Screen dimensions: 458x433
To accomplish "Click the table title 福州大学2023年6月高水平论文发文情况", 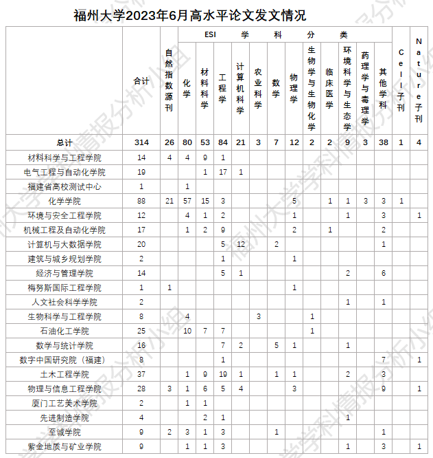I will click(x=189, y=15).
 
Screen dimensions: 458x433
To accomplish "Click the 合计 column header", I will click(x=141, y=81).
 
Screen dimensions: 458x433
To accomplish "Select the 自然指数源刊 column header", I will click(x=169, y=81).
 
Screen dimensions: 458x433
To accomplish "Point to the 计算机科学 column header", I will click(x=240, y=88).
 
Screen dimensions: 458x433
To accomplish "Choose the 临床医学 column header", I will click(x=329, y=88).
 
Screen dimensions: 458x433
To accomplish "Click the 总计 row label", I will click(x=65, y=142).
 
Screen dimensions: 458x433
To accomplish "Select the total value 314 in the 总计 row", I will click(x=141, y=142).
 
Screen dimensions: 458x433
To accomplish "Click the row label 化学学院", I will click(x=65, y=201).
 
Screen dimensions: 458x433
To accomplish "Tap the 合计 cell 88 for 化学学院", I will click(x=141, y=201).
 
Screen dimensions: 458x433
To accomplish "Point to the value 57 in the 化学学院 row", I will click(x=187, y=201).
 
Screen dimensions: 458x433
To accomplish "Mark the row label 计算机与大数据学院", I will click(x=65, y=244).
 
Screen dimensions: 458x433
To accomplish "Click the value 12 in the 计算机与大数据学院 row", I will click(x=240, y=244).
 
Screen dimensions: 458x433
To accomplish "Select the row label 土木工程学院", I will click(x=65, y=374).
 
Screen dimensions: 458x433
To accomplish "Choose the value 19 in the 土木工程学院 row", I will click(x=222, y=374).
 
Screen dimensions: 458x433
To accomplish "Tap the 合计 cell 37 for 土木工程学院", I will click(x=141, y=374).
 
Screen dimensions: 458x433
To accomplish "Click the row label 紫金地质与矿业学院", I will click(x=65, y=446).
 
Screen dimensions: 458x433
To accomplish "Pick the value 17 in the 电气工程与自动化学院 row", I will click(x=222, y=172).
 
